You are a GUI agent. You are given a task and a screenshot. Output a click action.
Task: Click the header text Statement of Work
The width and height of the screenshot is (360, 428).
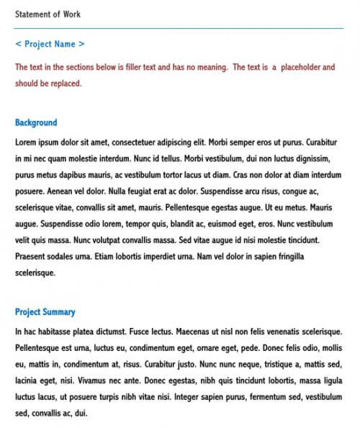tap(48, 14)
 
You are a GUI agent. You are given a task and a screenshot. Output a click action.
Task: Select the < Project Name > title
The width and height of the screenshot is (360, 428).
tap(50, 44)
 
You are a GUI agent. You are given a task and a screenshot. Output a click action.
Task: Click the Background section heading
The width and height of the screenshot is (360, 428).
tap(36, 123)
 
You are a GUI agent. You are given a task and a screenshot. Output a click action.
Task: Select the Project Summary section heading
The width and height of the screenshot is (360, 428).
tap(45, 312)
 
